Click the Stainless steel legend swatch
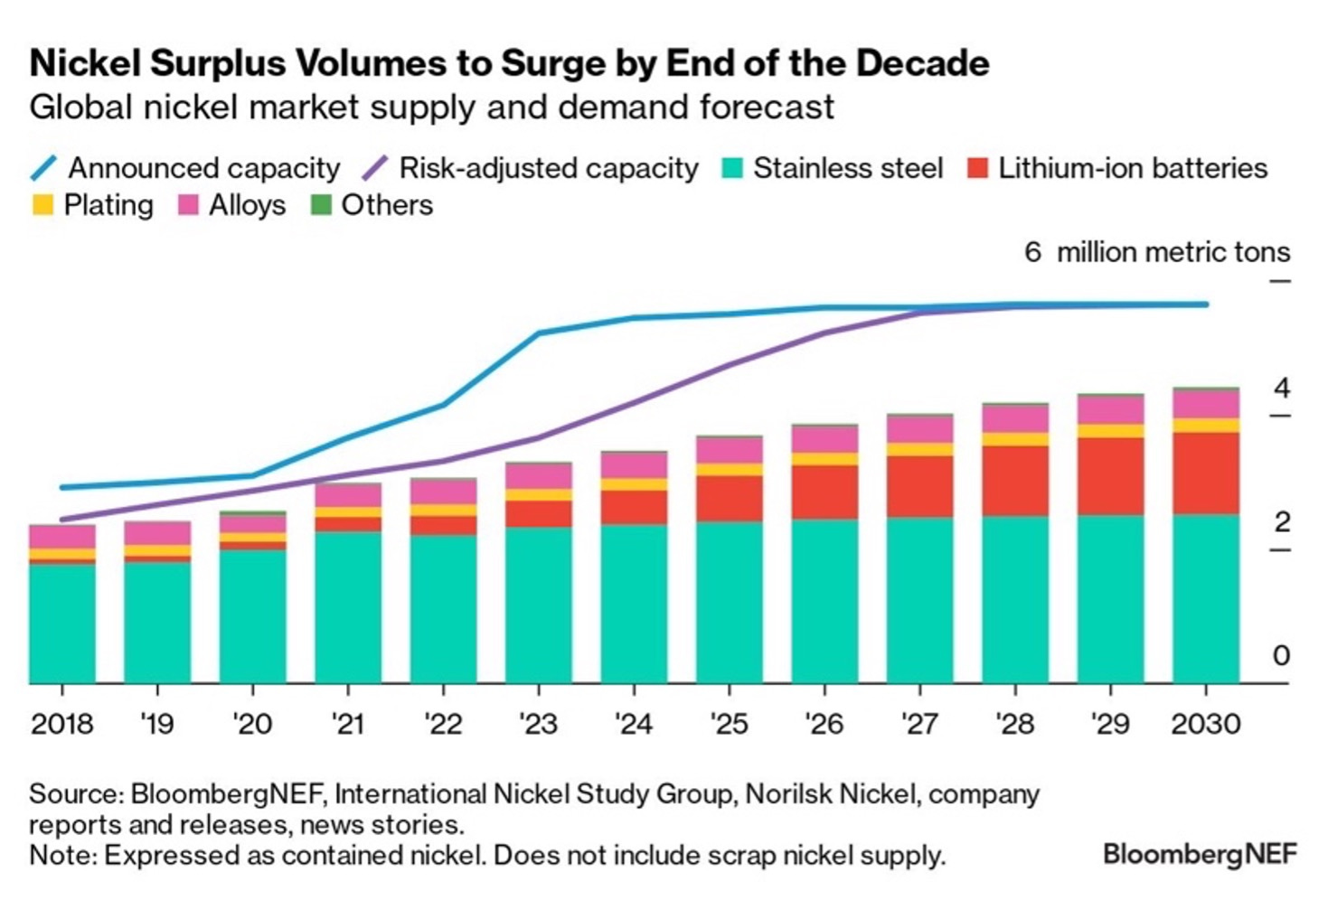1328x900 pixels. point(733,169)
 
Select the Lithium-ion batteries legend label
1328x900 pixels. point(1132,169)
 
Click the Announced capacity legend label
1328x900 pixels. point(203,169)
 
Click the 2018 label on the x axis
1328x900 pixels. point(61,724)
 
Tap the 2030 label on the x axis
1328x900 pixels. point(1206,724)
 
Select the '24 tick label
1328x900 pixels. point(633,724)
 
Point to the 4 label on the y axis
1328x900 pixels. point(1281,389)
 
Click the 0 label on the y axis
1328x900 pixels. point(1281,655)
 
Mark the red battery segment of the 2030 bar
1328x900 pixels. point(1206,473)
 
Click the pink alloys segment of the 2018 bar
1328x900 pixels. point(61,537)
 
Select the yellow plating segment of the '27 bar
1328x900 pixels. point(919,449)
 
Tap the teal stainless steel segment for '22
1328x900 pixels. point(443,608)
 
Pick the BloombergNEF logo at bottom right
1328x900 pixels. point(1199,854)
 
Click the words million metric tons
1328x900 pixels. point(1173,252)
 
